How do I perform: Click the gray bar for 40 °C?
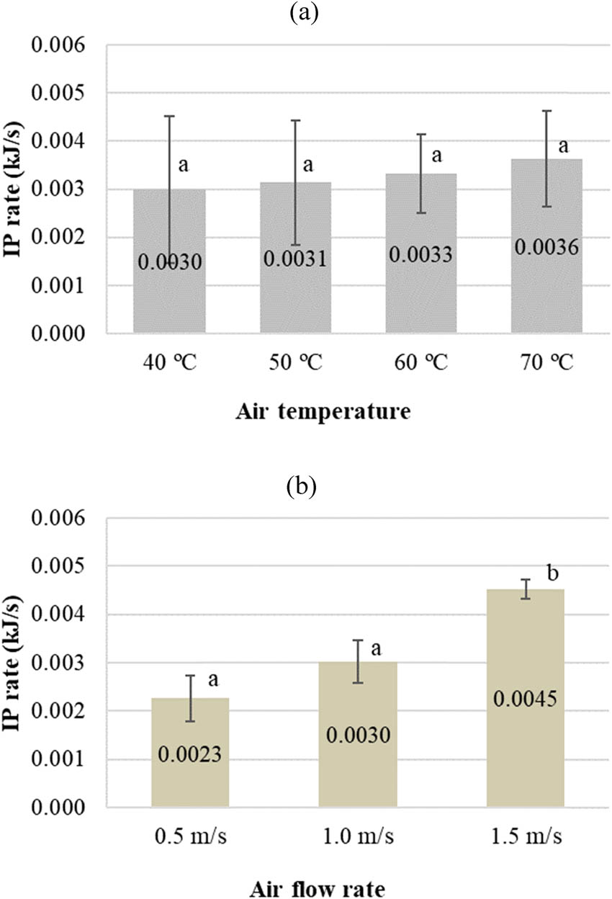click(169, 288)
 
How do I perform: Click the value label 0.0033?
click(420, 254)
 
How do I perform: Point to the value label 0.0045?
click(525, 698)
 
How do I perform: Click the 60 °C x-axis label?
click(420, 361)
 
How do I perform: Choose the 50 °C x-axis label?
click(295, 361)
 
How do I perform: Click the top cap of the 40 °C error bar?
click(169, 116)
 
